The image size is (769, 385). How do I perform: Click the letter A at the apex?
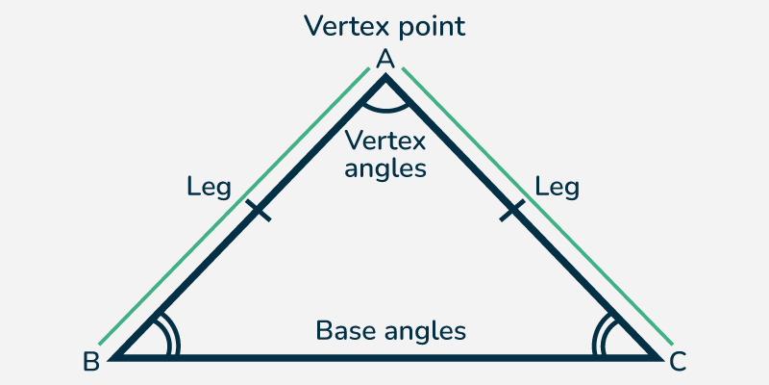point(385,60)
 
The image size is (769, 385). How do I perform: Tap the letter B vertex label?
point(91,362)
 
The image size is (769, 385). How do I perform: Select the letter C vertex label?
point(679,362)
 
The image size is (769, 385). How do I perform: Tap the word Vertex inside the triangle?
point(385,141)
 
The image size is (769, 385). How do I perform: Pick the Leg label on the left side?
point(209,186)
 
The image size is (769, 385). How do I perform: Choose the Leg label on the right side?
point(558,186)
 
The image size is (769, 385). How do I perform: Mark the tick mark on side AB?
point(257,211)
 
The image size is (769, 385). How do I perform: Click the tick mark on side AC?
point(512,211)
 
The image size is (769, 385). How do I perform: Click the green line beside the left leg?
point(231,207)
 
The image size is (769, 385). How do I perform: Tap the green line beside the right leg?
point(538,207)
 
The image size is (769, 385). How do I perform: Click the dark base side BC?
point(384,358)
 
